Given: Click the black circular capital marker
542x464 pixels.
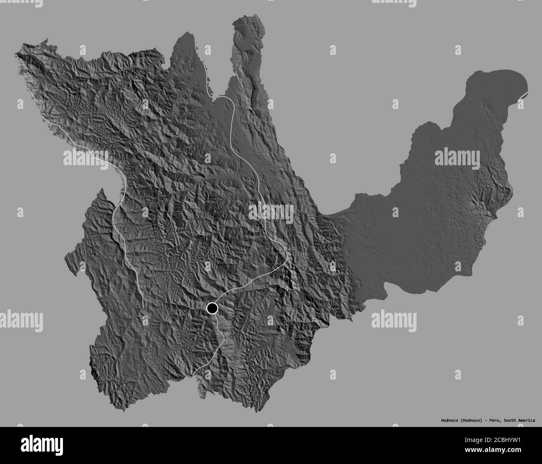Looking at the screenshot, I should (x=212, y=308).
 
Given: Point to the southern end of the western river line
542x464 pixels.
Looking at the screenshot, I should (x=143, y=307).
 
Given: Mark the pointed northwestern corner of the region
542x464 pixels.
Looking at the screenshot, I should (x=17, y=53).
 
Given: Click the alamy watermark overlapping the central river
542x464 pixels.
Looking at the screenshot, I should (x=271, y=212).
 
